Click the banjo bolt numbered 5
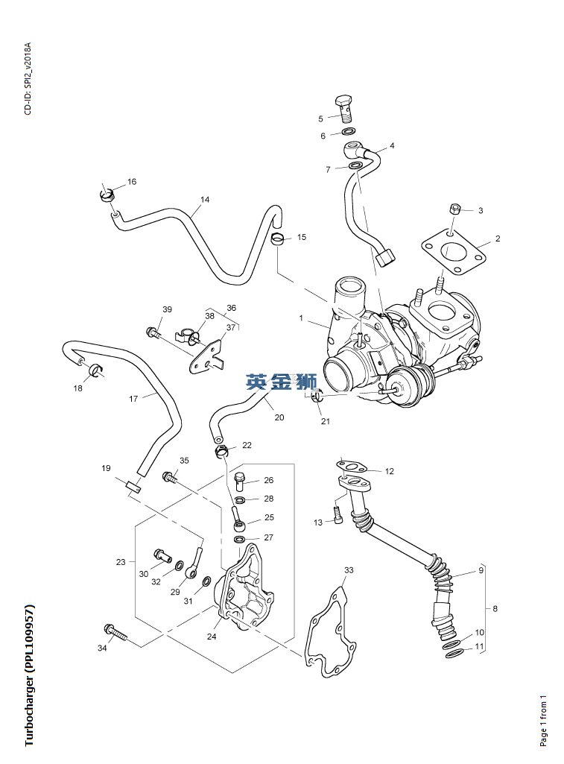tap(343, 107)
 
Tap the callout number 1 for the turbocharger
tap(302, 318)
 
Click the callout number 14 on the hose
tap(205, 200)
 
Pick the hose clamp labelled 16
tap(107, 196)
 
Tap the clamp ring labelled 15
tap(278, 239)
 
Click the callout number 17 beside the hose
tap(133, 399)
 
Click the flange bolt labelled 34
tap(118, 633)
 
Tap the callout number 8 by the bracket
tap(494, 608)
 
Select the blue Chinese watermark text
tap(282, 382)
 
